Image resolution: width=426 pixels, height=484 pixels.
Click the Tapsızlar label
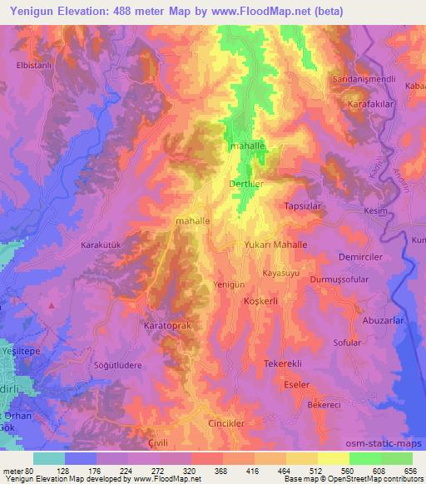pyautogui.click(x=303, y=205)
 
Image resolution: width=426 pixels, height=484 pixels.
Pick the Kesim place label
pyautogui.click(x=377, y=211)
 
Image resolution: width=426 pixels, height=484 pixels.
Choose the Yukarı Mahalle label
pyautogui.click(x=276, y=245)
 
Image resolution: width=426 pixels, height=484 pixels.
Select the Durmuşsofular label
pyautogui.click(x=339, y=279)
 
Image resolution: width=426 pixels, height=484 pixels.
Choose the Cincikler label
pyautogui.click(x=226, y=423)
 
